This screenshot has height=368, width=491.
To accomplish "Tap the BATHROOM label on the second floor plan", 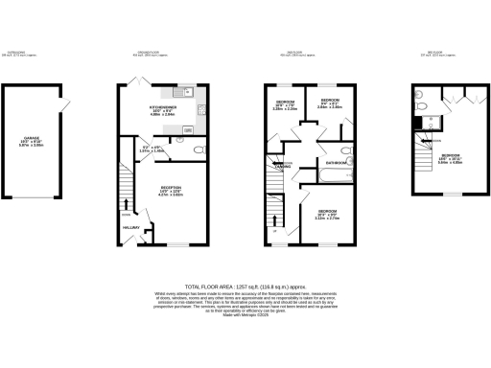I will [x=335, y=163].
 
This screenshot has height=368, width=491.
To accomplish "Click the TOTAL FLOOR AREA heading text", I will [x=245, y=285].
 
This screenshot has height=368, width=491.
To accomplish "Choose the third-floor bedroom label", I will [x=450, y=154].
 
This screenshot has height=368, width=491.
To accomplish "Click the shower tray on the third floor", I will [x=419, y=123].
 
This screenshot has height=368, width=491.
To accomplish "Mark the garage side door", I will [x=66, y=106].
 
